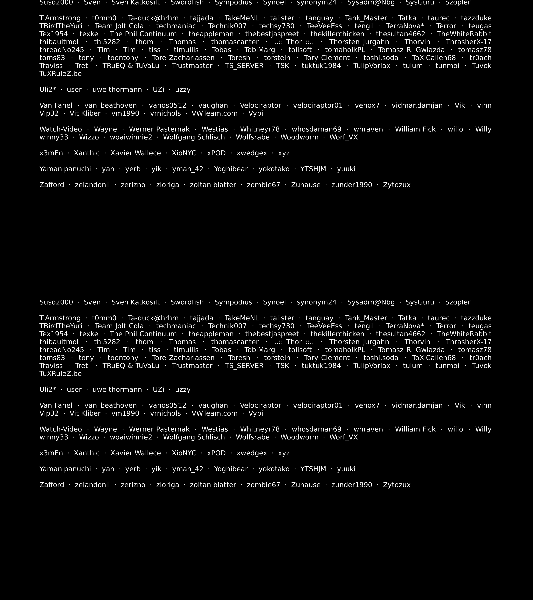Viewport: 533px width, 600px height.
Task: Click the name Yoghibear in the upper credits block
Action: point(231,169)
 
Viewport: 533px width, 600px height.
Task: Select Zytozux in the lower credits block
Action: point(397,485)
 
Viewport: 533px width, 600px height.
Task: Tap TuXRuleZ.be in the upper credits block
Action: point(60,74)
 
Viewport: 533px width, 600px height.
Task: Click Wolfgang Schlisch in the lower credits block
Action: point(194,437)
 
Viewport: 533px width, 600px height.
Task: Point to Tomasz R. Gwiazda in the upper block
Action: point(411,50)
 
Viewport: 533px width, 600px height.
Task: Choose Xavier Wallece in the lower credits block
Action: point(136,453)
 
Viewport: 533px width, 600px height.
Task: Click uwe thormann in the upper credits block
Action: point(117,89)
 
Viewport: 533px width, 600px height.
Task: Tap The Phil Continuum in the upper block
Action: point(143,34)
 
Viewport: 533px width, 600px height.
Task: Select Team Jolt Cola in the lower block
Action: point(119,326)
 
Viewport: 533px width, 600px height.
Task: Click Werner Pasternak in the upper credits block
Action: point(159,129)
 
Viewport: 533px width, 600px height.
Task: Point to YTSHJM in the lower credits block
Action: point(313,469)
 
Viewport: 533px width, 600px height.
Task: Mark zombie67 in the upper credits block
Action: point(263,185)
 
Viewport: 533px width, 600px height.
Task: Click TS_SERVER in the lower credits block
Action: point(244,366)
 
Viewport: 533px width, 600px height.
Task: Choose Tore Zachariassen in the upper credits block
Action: point(183,58)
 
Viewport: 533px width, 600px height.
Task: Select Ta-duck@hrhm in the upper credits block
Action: point(153,18)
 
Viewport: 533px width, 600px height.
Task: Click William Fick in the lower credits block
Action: point(415,429)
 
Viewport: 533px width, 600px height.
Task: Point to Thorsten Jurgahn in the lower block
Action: point(359,342)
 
